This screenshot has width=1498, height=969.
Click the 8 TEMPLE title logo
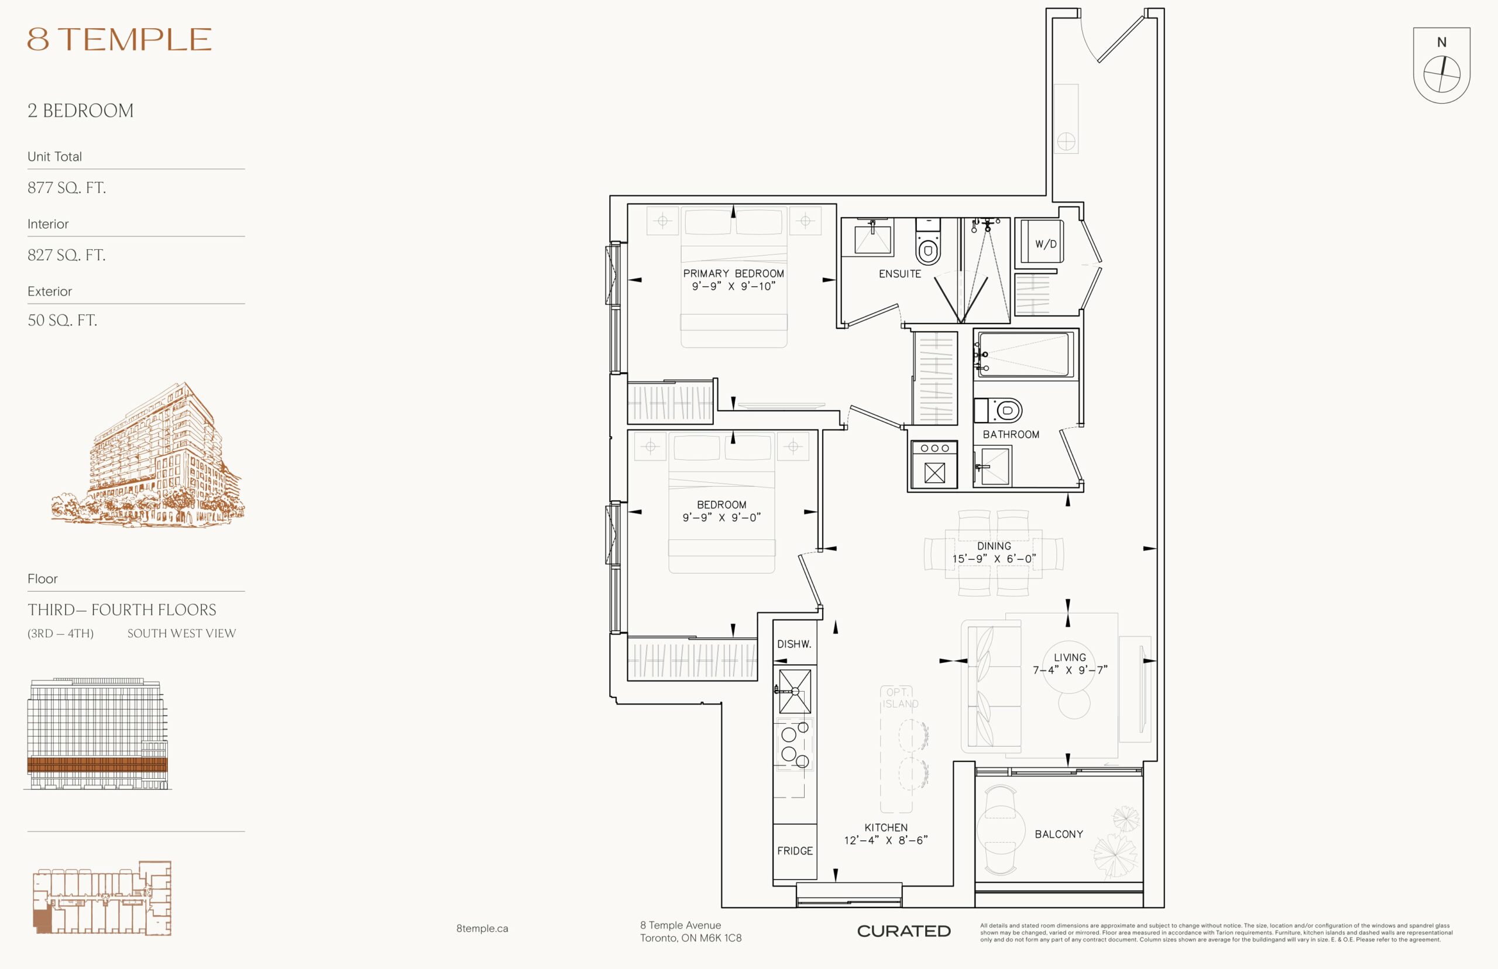119,39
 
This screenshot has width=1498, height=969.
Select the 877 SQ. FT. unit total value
67,187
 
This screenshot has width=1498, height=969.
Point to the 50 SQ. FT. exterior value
62,320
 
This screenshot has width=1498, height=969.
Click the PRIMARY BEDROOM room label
734,274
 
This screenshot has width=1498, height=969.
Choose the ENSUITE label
900,274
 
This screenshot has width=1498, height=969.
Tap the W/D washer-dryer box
1039,241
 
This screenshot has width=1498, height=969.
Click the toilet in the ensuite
928,242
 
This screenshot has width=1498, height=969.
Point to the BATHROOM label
1011,434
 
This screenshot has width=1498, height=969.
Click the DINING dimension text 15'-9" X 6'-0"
994,559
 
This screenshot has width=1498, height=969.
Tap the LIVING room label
1070,657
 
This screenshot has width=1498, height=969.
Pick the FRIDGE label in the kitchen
795,851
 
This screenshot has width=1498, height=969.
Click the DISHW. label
794,644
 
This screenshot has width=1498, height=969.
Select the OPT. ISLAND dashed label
899,698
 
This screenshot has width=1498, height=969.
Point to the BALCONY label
1059,834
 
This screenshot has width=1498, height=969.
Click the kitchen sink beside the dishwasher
795,691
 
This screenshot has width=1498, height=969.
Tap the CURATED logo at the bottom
904,931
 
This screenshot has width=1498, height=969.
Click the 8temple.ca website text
482,929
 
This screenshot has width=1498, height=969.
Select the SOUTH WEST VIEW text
181,634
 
